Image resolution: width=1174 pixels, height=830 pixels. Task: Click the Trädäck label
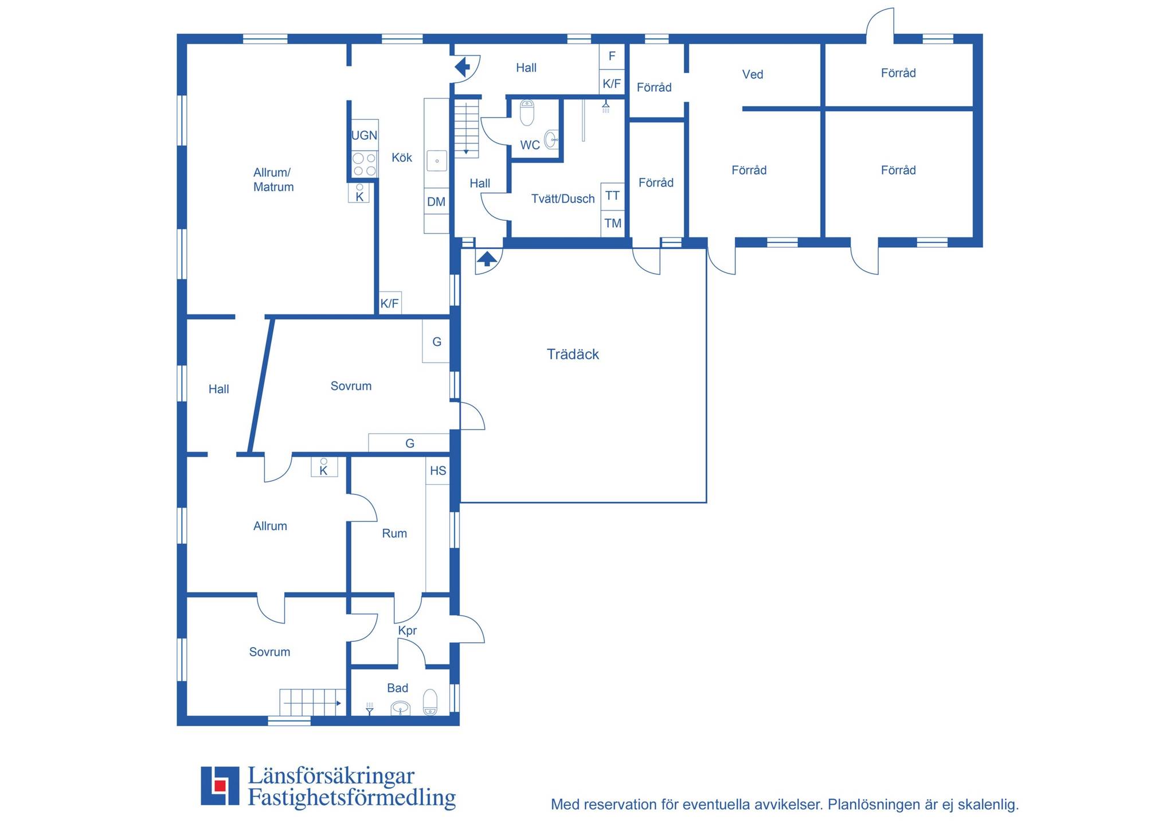click(573, 354)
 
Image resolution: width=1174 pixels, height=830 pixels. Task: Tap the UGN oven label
click(364, 135)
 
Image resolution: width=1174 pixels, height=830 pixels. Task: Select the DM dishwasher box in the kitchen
click(436, 201)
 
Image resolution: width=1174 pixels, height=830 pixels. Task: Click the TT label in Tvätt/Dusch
click(612, 196)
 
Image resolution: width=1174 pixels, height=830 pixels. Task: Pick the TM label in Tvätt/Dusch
click(613, 223)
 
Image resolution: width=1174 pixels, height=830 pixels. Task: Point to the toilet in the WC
click(527, 112)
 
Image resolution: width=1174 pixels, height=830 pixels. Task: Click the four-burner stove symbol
click(365, 164)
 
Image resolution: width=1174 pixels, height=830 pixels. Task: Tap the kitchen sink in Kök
click(437, 161)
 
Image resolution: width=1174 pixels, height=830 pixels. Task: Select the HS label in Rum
click(438, 471)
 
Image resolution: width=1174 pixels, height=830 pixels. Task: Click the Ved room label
click(753, 75)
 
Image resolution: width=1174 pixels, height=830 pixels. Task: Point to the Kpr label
click(408, 631)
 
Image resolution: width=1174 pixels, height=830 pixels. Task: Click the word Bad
click(397, 688)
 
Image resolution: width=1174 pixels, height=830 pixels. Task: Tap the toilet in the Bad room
click(430, 702)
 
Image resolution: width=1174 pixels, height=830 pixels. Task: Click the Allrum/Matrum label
click(273, 180)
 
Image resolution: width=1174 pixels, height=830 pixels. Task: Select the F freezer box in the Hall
click(612, 56)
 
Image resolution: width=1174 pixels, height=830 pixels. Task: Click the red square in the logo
click(219, 785)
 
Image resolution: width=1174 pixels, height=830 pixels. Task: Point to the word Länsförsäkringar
click(331, 776)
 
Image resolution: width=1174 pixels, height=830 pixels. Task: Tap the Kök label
click(402, 158)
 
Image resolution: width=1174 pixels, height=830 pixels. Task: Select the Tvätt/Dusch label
click(563, 199)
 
